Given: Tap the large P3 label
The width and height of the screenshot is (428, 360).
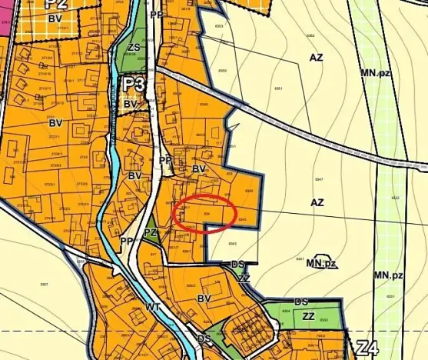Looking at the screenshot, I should coord(133,83).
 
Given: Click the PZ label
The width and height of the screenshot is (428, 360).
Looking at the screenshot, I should coord(151,232).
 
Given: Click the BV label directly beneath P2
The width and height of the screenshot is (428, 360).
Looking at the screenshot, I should coord(55,17).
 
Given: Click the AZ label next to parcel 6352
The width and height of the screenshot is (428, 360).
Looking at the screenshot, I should coord(317,58).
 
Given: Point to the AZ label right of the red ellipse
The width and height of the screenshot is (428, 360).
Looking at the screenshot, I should coord(317,203).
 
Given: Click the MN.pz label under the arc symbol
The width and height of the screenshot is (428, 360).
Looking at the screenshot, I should coord(322,263).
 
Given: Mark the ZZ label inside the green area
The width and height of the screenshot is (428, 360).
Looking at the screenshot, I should coord(308,315).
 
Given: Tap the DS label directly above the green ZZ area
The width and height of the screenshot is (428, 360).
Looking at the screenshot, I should coord(301,302).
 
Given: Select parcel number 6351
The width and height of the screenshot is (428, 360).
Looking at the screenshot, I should coord(278,88).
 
